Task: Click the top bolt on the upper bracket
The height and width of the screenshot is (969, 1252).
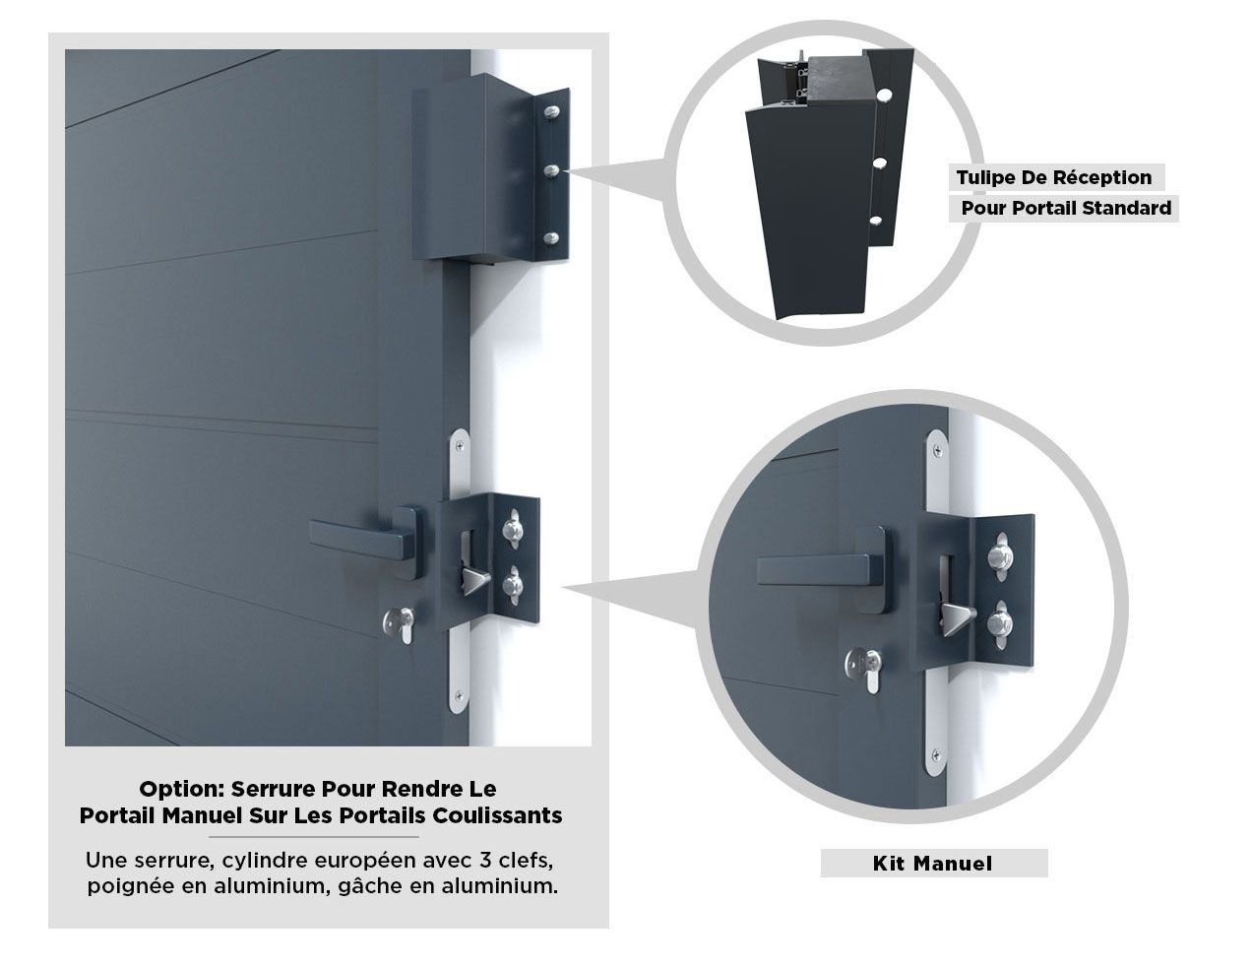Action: click(551, 112)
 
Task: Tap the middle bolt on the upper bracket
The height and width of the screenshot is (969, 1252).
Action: click(551, 170)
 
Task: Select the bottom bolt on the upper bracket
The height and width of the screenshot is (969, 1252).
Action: click(551, 237)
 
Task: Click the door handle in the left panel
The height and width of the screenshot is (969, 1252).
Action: click(364, 536)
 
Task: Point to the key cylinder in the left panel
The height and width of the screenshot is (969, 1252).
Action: click(399, 625)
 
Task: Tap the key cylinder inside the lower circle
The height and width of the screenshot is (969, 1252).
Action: click(864, 670)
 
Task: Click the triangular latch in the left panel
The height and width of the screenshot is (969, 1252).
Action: click(474, 579)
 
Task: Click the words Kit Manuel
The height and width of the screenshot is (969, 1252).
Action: click(932, 863)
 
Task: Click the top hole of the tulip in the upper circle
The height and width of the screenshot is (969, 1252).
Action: click(886, 95)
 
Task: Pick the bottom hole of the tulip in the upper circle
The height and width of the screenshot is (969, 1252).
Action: click(876, 221)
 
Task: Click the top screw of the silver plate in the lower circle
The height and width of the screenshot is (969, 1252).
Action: click(938, 447)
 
